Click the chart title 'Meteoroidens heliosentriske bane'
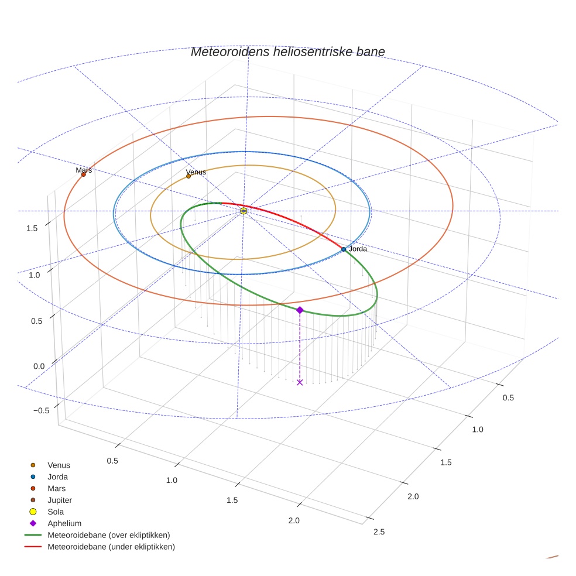tap(287, 52)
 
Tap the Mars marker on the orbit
tap(83, 174)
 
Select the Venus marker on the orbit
tap(188, 176)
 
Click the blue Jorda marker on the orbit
tap(344, 249)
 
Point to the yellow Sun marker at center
tap(244, 211)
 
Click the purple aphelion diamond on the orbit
tap(300, 310)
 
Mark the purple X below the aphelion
tap(300, 382)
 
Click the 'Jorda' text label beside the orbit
tap(358, 249)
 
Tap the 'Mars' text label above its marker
tap(84, 170)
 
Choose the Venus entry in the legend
tap(59, 465)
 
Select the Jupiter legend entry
tap(60, 500)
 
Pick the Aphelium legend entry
tap(64, 524)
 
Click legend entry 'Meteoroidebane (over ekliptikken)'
tap(108, 535)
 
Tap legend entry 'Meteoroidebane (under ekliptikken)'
tap(111, 547)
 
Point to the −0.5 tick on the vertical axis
tap(41, 411)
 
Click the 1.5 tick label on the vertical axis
tap(32, 228)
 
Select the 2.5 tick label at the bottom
tap(379, 532)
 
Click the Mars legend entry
tap(56, 489)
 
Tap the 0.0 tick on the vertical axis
tap(40, 366)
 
